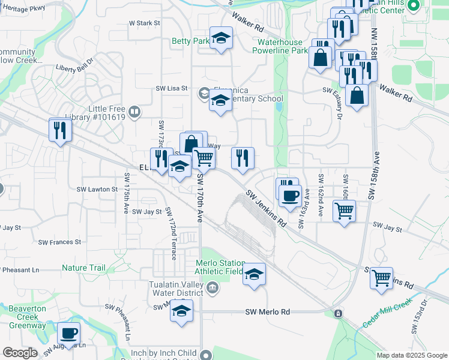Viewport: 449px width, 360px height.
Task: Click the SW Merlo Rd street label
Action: click(x=268, y=312)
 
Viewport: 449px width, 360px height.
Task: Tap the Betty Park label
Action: click(x=190, y=41)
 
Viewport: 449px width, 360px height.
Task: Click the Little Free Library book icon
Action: click(x=135, y=112)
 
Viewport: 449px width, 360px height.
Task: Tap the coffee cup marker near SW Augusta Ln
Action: click(x=68, y=333)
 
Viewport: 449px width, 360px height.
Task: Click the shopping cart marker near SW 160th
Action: click(x=345, y=211)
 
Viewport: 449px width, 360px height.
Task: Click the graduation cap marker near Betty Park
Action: click(x=221, y=38)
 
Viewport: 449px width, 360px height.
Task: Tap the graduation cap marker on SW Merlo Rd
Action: click(x=181, y=311)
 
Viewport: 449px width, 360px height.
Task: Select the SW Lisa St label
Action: click(x=172, y=88)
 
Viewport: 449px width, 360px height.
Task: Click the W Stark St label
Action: click(x=145, y=23)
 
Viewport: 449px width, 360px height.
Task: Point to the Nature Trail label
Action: click(x=83, y=268)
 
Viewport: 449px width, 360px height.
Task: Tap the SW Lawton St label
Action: click(x=97, y=189)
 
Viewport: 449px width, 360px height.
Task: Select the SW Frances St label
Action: click(x=59, y=242)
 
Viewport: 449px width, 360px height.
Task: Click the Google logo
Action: click(x=20, y=353)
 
